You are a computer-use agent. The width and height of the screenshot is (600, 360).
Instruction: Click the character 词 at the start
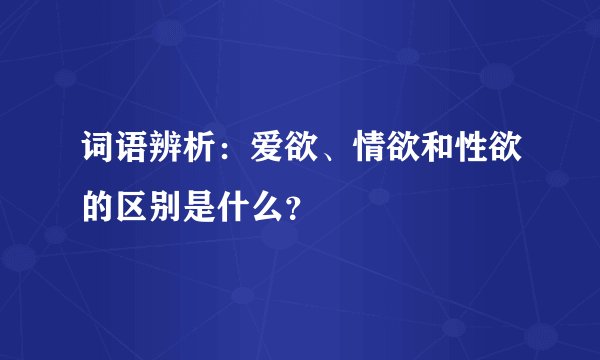point(96,151)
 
